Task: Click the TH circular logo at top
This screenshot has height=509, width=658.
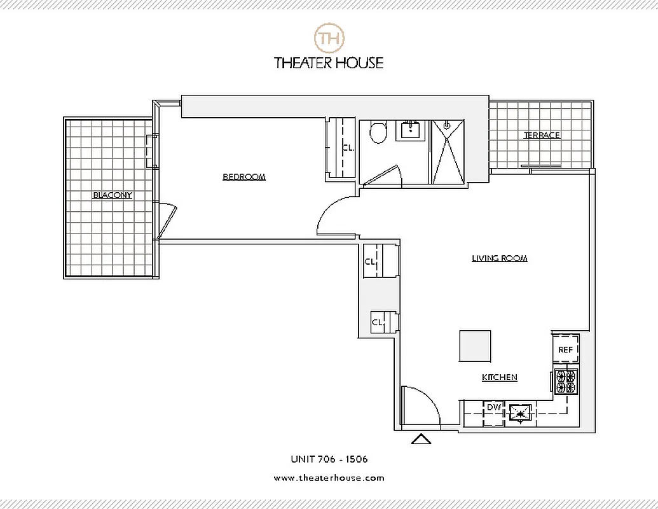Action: pyautogui.click(x=329, y=38)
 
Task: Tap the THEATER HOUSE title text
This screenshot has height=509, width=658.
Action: pyautogui.click(x=329, y=62)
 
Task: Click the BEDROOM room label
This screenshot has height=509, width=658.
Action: pyautogui.click(x=243, y=177)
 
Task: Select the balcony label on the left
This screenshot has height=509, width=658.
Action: pyautogui.click(x=113, y=195)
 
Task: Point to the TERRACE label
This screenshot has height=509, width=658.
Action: pyautogui.click(x=542, y=136)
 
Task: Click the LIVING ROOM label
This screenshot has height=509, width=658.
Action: pyautogui.click(x=500, y=258)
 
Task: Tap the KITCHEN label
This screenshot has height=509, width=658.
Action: pyautogui.click(x=499, y=377)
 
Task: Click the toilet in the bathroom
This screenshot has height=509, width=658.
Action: pyautogui.click(x=378, y=133)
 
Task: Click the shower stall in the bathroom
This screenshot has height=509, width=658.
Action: pyautogui.click(x=448, y=152)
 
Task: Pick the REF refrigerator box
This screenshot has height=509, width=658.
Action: pyautogui.click(x=565, y=350)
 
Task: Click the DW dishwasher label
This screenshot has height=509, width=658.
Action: pyautogui.click(x=493, y=407)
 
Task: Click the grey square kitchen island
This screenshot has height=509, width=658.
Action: pyautogui.click(x=475, y=346)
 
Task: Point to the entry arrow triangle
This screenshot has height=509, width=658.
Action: pyautogui.click(x=421, y=438)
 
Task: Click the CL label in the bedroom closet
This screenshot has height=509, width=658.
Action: pyautogui.click(x=347, y=148)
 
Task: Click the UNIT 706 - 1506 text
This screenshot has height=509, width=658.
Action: pyautogui.click(x=329, y=459)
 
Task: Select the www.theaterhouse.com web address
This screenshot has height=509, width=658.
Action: pyautogui.click(x=329, y=478)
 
